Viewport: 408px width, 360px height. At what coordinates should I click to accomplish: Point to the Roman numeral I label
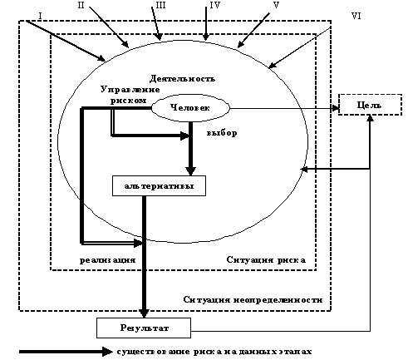[40, 16]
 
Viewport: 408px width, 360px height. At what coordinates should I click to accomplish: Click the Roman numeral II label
[81, 5]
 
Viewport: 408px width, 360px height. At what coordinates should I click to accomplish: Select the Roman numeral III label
[160, 5]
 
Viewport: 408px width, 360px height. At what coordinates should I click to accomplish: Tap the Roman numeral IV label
[214, 5]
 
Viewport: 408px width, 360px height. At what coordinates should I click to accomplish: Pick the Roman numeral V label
[276, 5]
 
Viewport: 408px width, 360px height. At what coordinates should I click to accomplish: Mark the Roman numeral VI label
[356, 16]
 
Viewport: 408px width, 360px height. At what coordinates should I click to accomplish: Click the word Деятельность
[182, 79]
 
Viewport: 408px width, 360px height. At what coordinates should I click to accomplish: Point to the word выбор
[222, 133]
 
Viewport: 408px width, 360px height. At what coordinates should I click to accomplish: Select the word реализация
[108, 260]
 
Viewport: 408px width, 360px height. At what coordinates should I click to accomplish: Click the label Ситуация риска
[266, 260]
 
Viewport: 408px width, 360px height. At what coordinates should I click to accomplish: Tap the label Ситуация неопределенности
[253, 299]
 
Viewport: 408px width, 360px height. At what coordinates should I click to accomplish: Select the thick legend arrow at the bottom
[66, 352]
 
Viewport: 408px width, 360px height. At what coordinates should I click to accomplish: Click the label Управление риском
[130, 95]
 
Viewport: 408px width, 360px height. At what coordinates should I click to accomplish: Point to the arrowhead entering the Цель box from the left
[336, 108]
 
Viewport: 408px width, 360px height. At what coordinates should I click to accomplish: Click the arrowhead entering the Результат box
[144, 313]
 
